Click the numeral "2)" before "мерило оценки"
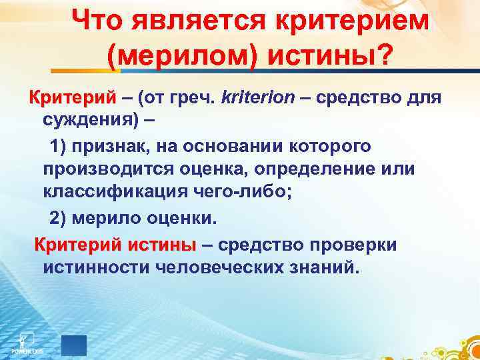pyautogui.click(x=61, y=218)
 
